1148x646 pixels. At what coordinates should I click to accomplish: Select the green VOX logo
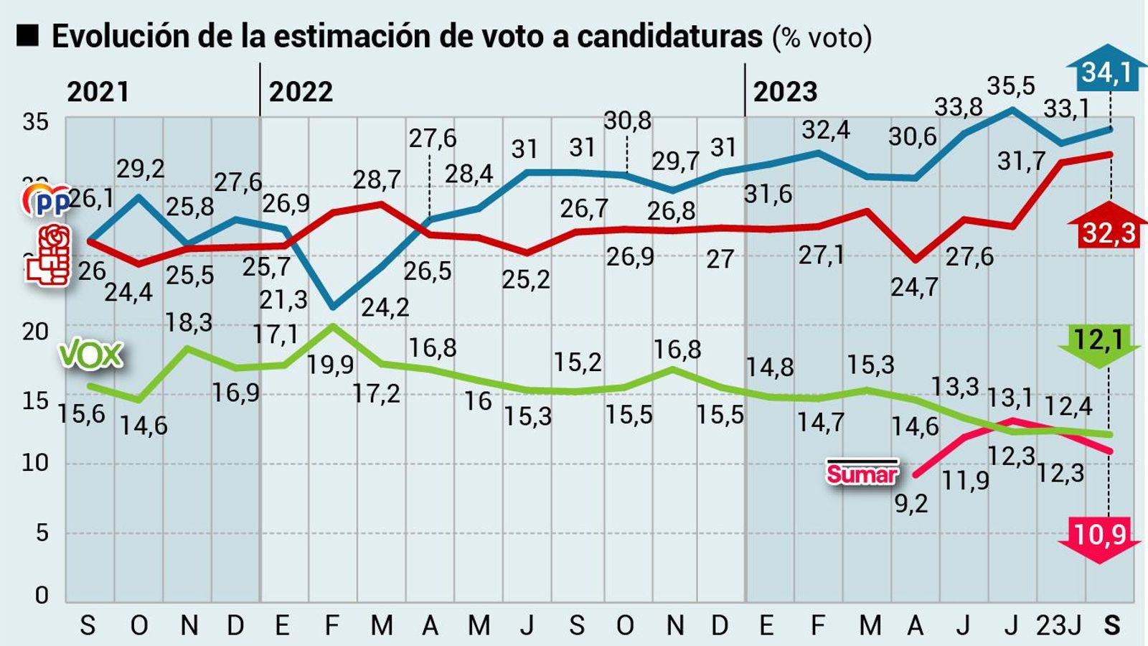pyautogui.click(x=90, y=355)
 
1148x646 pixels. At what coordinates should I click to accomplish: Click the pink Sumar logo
pyautogui.click(x=862, y=472)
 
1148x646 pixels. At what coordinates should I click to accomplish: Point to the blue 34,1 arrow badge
pyautogui.click(x=1106, y=72)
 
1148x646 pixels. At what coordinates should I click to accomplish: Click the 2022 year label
pyautogui.click(x=301, y=92)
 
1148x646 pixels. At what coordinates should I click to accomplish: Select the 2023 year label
pyautogui.click(x=785, y=92)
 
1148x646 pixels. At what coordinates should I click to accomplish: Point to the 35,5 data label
pyautogui.click(x=1010, y=86)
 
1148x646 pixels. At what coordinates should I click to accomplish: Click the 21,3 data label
pyautogui.click(x=283, y=299)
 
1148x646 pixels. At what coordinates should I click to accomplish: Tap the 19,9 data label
pyautogui.click(x=330, y=365)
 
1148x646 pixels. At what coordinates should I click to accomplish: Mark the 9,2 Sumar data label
pyautogui.click(x=911, y=503)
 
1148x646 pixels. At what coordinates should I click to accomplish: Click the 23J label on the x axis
pyautogui.click(x=1059, y=625)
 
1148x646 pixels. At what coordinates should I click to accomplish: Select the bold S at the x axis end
pyautogui.click(x=1111, y=625)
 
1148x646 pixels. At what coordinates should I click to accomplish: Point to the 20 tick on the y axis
pyautogui.click(x=35, y=332)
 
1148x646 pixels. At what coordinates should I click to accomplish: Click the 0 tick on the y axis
pyautogui.click(x=42, y=595)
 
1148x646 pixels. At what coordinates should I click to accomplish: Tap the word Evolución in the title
pyautogui.click(x=121, y=36)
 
